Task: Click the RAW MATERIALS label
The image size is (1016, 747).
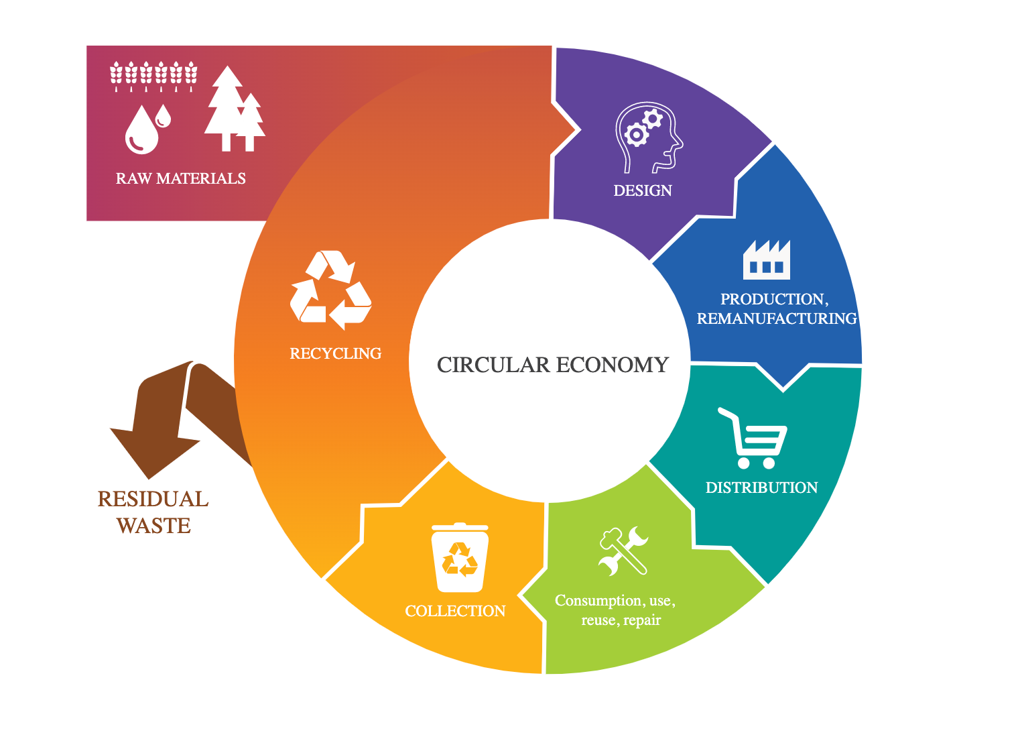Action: point(180,178)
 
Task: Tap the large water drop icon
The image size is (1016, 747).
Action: point(141,130)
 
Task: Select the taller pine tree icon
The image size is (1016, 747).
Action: point(227,107)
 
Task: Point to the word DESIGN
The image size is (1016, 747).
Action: point(642,190)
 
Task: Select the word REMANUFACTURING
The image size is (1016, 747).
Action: point(777,319)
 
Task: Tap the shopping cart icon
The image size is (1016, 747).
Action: point(755,439)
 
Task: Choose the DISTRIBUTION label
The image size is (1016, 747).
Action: point(761,487)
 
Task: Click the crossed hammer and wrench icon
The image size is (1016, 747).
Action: point(623,551)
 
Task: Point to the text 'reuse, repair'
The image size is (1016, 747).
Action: point(621,620)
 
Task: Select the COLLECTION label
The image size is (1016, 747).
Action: point(455,611)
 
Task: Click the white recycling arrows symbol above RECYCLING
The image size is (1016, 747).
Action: point(330,289)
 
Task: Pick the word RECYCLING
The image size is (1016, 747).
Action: point(335,353)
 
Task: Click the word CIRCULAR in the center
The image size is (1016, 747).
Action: point(493,365)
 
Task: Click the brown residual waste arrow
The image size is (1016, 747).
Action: point(161,422)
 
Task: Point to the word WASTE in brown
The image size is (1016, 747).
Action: point(153,526)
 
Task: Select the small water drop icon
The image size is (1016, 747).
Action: point(163,116)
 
